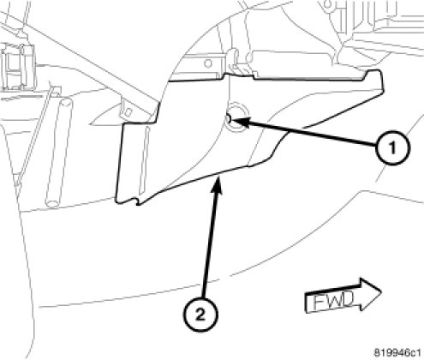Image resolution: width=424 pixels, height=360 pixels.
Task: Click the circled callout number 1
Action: click(x=392, y=147)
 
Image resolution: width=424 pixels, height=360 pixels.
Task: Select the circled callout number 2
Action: click(x=200, y=315)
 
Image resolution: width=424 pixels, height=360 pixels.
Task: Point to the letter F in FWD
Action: click(x=319, y=302)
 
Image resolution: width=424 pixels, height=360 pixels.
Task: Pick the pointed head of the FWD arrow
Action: click(x=381, y=291)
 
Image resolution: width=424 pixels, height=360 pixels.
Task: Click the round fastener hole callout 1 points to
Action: click(x=236, y=117)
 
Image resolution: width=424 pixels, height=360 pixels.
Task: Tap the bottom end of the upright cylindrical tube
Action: click(x=52, y=203)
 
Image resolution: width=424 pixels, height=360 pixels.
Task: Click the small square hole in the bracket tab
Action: click(x=128, y=111)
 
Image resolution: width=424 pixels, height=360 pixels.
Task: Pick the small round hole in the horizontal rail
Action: click(x=208, y=63)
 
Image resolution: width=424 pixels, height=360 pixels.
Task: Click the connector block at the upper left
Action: click(x=18, y=67)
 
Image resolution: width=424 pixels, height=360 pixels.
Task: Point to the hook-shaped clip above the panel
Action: click(x=234, y=61)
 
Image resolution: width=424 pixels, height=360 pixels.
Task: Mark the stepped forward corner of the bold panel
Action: click(x=374, y=75)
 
